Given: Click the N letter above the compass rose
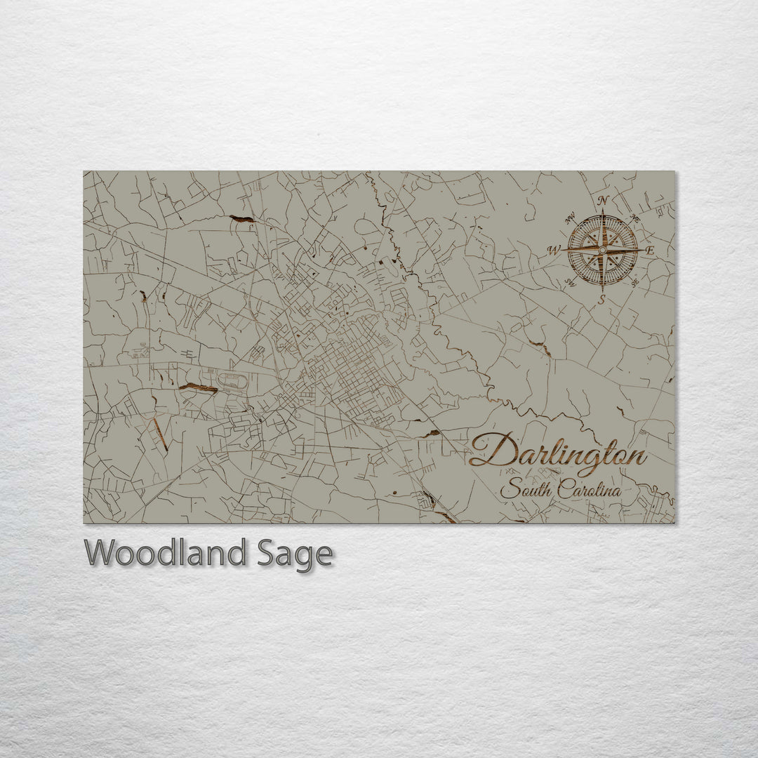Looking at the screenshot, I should point(603,201).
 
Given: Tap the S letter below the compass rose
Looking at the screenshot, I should point(601,299).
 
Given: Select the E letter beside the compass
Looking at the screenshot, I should point(649,251).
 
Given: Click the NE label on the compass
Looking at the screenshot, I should point(635,217).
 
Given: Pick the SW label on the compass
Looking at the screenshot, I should point(569,283).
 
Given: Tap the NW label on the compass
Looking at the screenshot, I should point(569,217).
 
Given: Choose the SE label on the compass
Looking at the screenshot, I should point(635,283).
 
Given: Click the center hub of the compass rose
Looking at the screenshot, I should point(602,249).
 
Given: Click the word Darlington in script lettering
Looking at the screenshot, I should point(558,453).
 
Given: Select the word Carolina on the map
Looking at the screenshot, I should point(590,489).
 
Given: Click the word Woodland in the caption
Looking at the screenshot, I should point(166,554).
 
